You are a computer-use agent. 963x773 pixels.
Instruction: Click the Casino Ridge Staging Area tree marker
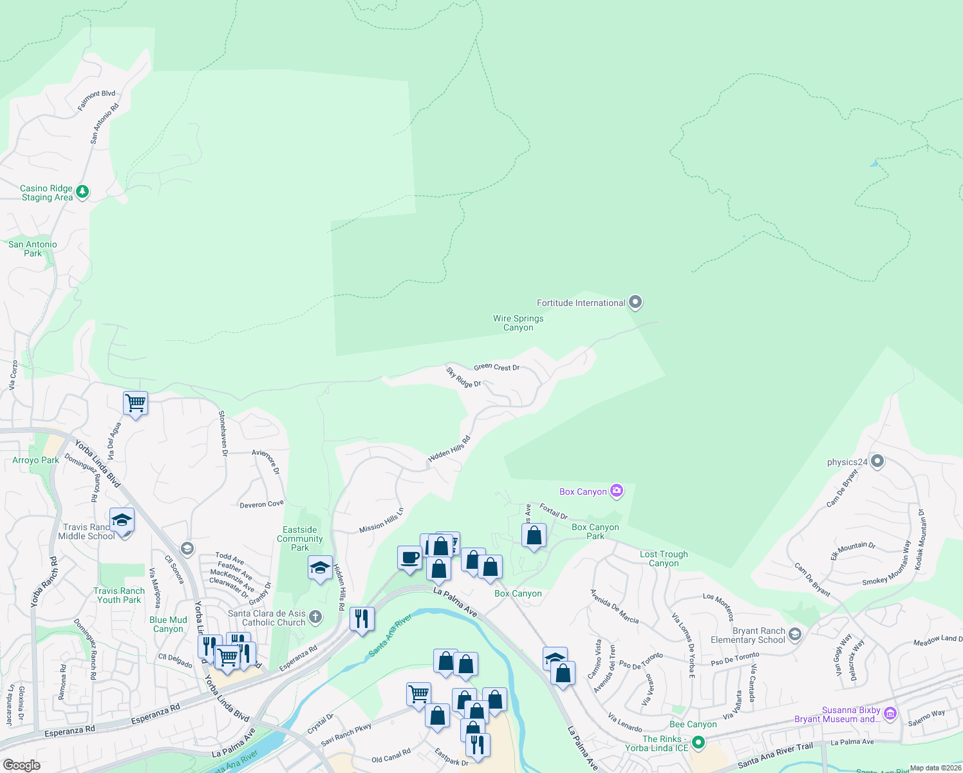[x=82, y=191]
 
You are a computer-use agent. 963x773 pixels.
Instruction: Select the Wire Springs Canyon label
[x=518, y=323]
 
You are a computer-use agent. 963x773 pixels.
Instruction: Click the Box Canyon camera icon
[x=617, y=491]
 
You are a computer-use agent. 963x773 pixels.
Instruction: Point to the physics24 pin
[x=877, y=461]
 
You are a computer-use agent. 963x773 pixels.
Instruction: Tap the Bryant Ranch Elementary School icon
[x=794, y=635]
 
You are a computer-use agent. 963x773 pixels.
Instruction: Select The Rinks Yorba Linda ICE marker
[x=698, y=743]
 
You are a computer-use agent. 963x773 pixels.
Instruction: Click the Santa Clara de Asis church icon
[x=315, y=616]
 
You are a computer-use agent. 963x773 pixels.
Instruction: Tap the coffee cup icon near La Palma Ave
[x=409, y=558]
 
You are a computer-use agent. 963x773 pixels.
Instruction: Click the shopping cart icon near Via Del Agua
[x=135, y=403]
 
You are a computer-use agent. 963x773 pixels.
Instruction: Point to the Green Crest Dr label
[x=496, y=367]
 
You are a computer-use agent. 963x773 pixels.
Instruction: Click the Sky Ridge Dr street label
[x=463, y=377]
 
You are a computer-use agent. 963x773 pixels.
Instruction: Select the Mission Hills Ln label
[x=381, y=520]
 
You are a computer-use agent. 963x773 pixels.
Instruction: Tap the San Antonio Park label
[x=33, y=249]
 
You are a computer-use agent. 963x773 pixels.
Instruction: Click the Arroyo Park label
[x=35, y=460]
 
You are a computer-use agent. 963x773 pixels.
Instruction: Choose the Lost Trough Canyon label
[x=664, y=558]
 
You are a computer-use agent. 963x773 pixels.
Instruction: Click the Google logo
[x=21, y=765]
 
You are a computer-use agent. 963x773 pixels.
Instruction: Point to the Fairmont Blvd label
[x=97, y=100]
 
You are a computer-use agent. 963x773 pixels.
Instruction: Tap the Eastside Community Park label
[x=300, y=539]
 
